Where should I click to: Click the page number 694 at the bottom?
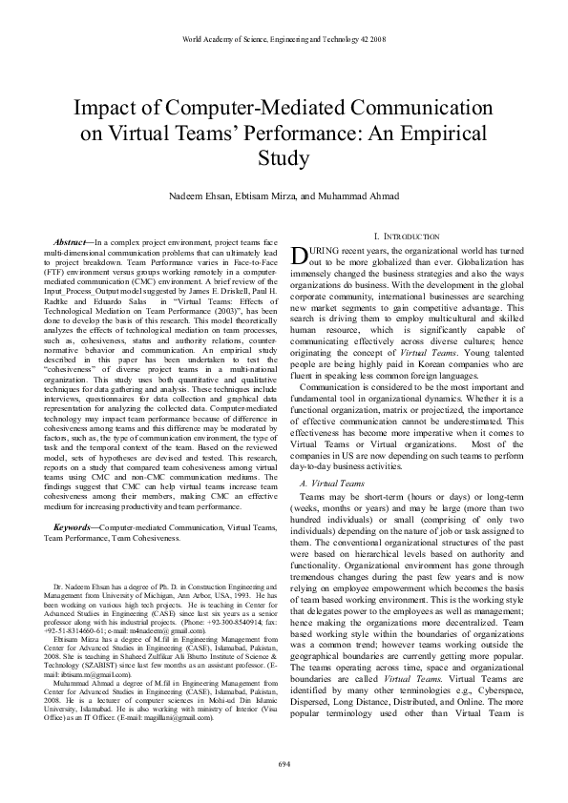[x=284, y=765]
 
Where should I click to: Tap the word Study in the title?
[x=284, y=156]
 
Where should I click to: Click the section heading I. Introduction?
[x=380, y=236]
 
